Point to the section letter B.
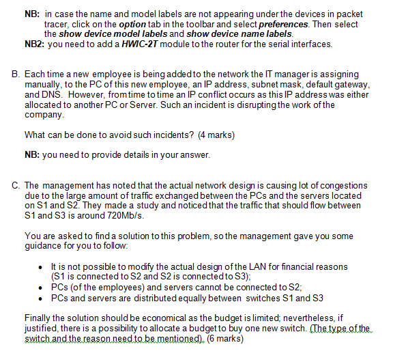coord(16,73)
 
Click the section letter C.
coord(16,185)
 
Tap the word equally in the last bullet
coord(220,298)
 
